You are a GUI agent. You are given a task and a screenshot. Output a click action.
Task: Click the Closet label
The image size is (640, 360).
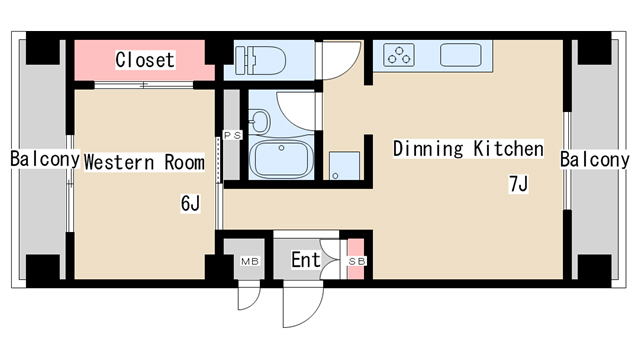[145, 60]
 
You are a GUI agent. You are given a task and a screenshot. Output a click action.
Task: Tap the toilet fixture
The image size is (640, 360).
[260, 60]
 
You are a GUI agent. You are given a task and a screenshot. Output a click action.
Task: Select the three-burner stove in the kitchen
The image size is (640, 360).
[399, 55]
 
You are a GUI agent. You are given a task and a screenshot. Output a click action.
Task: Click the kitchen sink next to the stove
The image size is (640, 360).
[460, 55]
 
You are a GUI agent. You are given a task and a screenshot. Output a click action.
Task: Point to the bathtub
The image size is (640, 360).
[281, 159]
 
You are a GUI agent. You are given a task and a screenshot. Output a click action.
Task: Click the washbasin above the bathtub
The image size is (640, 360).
[260, 121]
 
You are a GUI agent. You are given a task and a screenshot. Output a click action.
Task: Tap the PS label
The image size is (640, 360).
[232, 136]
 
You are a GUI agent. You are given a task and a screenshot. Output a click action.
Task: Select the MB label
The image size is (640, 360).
[250, 261]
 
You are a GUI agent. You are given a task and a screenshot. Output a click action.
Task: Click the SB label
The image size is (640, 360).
[357, 261]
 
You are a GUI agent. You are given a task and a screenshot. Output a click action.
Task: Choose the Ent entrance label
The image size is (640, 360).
[306, 260]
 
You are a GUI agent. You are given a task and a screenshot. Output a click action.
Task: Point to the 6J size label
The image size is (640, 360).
[190, 203]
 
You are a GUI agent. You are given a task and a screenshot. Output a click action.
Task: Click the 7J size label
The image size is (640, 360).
[518, 184]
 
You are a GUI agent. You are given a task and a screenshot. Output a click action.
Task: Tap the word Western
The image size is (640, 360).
[119, 162]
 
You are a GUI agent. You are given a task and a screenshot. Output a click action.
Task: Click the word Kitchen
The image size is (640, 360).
[509, 149]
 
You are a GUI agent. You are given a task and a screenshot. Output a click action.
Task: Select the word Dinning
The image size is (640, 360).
[428, 149]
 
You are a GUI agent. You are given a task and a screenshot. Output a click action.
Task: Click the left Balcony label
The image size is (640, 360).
[45, 159]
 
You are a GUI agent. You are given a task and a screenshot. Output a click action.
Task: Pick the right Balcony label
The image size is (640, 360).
[594, 159]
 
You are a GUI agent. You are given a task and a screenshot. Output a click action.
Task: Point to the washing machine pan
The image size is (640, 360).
[344, 166]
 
